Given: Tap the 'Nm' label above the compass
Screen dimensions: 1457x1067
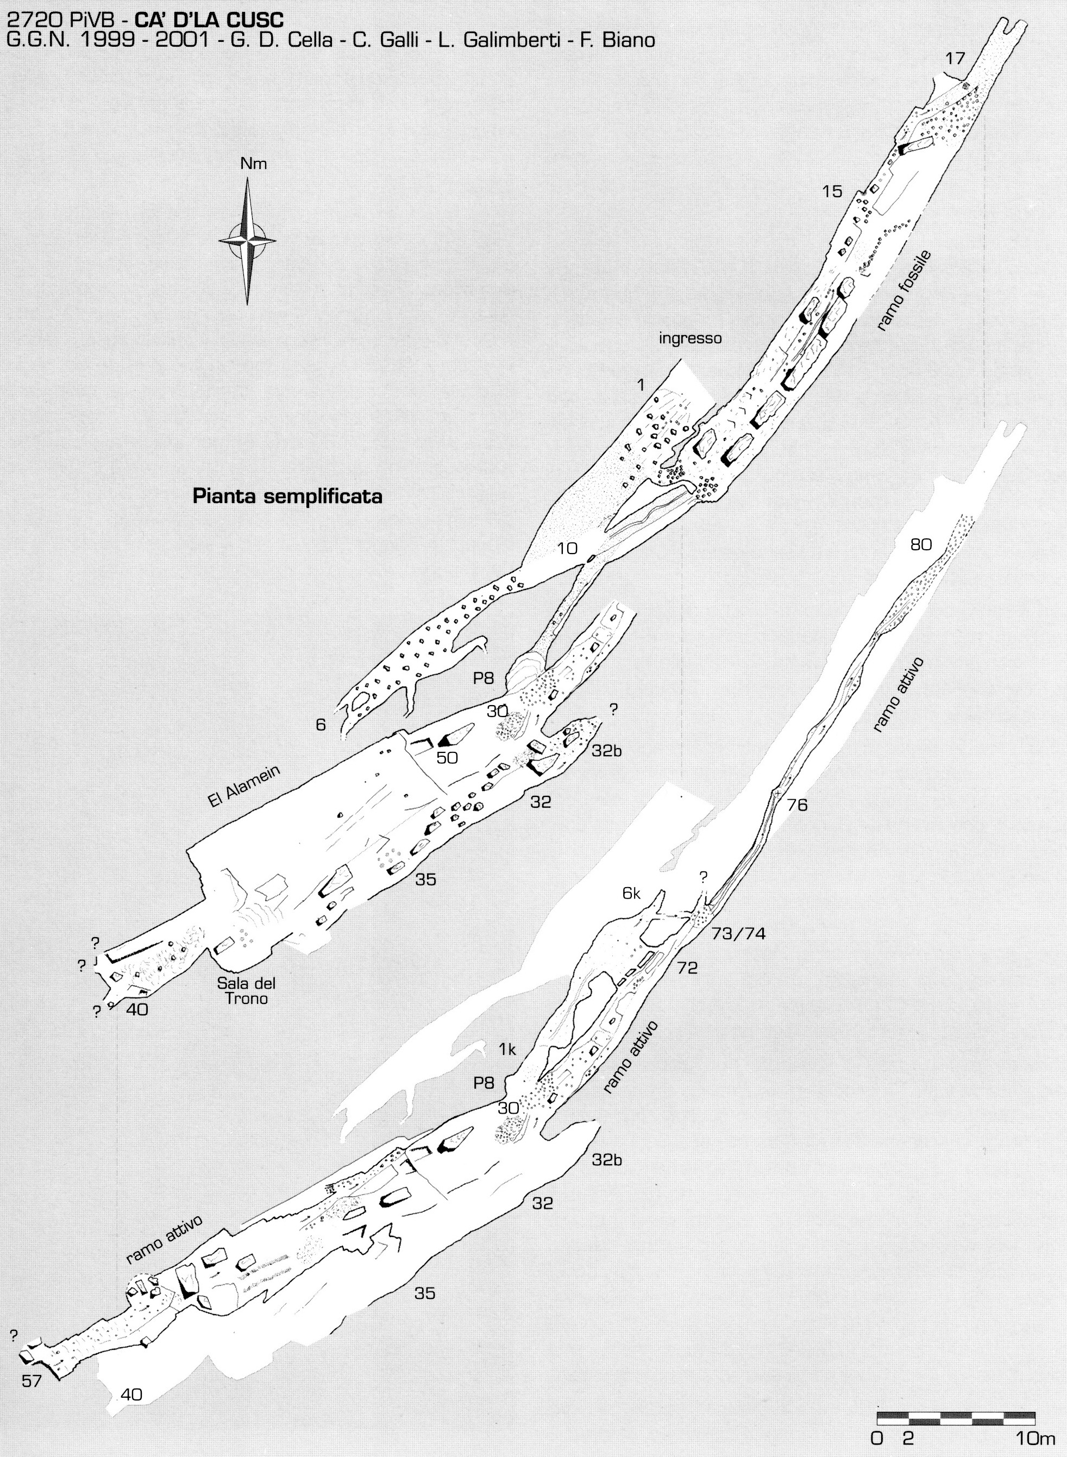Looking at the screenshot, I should tap(253, 164).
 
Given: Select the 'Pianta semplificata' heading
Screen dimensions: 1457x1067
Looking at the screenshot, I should tap(288, 497).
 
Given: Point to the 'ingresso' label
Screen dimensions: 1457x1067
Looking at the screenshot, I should tap(690, 338).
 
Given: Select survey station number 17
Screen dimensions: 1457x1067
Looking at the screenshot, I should tap(955, 59).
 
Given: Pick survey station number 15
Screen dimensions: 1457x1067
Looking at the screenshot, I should tap(832, 191).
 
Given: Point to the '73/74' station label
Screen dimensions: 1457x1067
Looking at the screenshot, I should tap(738, 933).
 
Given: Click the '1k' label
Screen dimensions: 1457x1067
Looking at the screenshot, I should tap(507, 1050).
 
